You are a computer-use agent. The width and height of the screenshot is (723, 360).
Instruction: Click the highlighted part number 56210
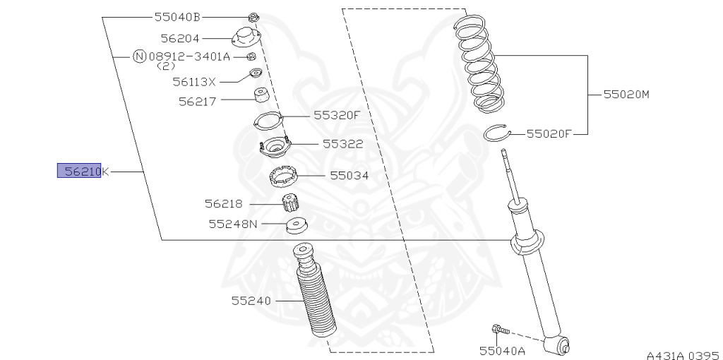tap(79, 171)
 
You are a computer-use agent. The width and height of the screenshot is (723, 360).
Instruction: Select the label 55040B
tap(177, 16)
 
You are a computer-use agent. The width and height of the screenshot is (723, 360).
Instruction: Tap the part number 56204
tap(179, 39)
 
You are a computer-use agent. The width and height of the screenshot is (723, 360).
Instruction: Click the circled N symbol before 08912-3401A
tap(140, 56)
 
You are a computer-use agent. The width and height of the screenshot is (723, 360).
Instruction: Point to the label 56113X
tap(194, 82)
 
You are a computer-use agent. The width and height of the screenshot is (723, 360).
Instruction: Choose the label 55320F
tap(337, 115)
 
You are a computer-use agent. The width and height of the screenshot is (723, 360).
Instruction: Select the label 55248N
tap(233, 224)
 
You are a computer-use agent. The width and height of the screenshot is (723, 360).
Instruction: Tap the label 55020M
tap(625, 93)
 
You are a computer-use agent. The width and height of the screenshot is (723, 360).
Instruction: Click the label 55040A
tap(502, 350)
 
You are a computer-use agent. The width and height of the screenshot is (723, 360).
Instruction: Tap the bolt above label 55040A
tap(498, 328)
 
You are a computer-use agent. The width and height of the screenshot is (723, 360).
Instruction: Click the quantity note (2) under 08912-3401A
tap(165, 66)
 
